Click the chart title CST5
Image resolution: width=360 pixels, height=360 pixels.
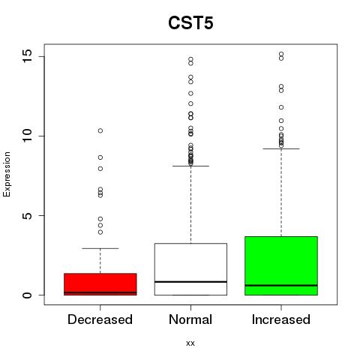[190, 23]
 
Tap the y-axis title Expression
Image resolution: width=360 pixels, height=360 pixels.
[7, 174]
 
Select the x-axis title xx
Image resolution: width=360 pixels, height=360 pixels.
[190, 343]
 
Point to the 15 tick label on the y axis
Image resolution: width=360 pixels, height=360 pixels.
[28, 56]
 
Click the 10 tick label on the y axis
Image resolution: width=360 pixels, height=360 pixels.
[28, 136]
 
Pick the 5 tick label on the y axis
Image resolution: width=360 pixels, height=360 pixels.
[28, 215]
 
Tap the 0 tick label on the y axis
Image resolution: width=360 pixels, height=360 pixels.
[28, 295]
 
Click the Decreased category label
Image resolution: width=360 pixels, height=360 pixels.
[100, 319]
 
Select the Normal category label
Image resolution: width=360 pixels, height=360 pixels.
[190, 319]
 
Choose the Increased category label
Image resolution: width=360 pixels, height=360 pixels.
[281, 319]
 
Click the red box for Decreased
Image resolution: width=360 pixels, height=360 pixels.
[100, 284]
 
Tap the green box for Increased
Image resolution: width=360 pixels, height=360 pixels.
[281, 265]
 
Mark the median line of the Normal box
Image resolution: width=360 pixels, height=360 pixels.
[190, 282]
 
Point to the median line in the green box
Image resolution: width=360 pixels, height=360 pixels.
[281, 285]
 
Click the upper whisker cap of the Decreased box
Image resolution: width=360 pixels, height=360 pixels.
[100, 248]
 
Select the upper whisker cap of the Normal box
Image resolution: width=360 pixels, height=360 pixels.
[190, 166]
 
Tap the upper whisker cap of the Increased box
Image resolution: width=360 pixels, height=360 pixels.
[281, 148]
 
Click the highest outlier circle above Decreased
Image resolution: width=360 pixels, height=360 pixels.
[100, 130]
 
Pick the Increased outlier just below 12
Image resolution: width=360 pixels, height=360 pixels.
[281, 107]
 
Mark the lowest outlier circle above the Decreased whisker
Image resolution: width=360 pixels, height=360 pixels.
[100, 232]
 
